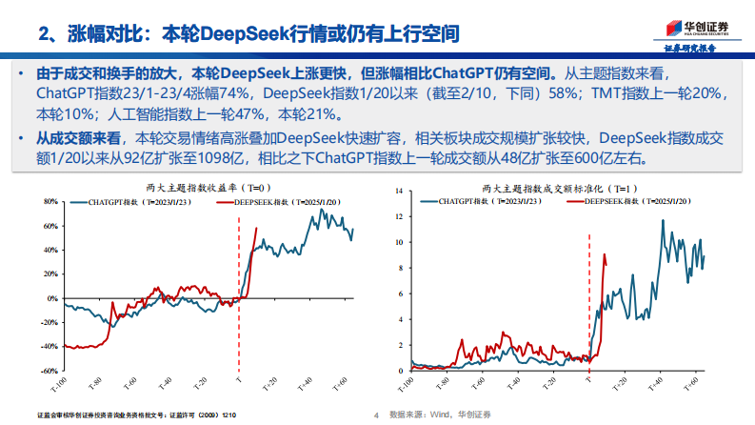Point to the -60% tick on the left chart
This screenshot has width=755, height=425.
49,372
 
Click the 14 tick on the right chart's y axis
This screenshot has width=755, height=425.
400,190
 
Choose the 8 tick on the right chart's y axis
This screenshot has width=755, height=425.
402,268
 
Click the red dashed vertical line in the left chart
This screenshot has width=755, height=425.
238,286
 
